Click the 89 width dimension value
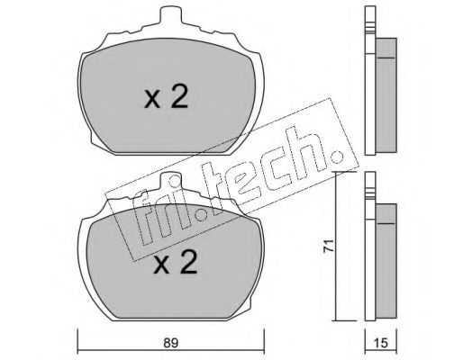[x=171, y=343]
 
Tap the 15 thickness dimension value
[x=381, y=343]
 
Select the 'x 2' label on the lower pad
[x=175, y=262]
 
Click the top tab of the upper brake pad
[x=171, y=15]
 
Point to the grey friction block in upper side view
[x=386, y=94]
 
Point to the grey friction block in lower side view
[x=386, y=261]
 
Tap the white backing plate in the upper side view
[x=370, y=80]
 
